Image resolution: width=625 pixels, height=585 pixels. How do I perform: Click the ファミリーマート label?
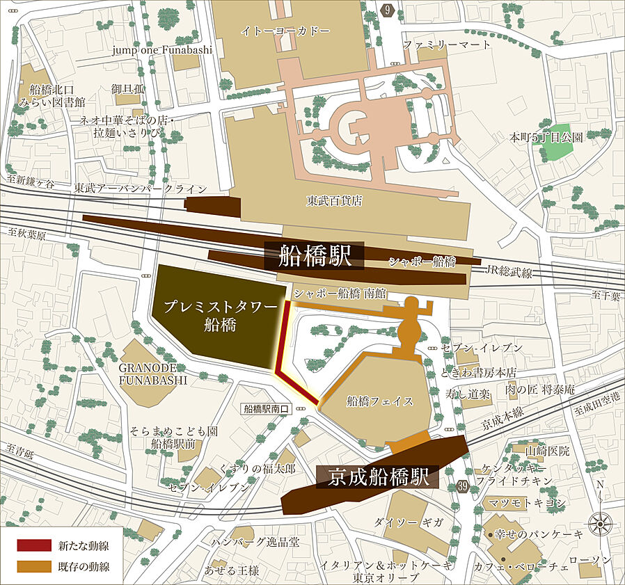[x=447, y=45]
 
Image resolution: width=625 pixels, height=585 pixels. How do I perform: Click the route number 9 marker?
[x=387, y=9]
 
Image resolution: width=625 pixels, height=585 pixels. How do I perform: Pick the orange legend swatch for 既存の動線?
[x=34, y=566]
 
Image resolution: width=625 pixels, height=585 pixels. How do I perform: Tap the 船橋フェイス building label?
[x=380, y=401]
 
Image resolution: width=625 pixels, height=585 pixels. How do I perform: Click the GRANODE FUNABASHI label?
[x=152, y=374]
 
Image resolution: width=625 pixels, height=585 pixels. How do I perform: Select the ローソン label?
[x=590, y=559]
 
